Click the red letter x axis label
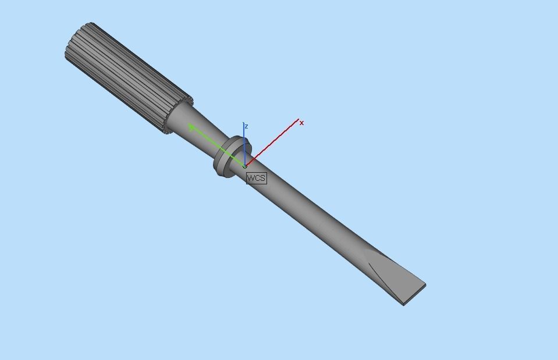(301, 123)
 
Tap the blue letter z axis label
(247, 126)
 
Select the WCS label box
(256, 178)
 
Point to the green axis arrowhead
(191, 127)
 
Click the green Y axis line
(218, 147)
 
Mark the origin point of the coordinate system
(245, 166)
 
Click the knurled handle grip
(128, 76)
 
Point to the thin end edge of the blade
(415, 295)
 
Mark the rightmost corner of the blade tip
(425, 286)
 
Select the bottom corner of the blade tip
(404, 305)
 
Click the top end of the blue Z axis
(244, 123)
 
